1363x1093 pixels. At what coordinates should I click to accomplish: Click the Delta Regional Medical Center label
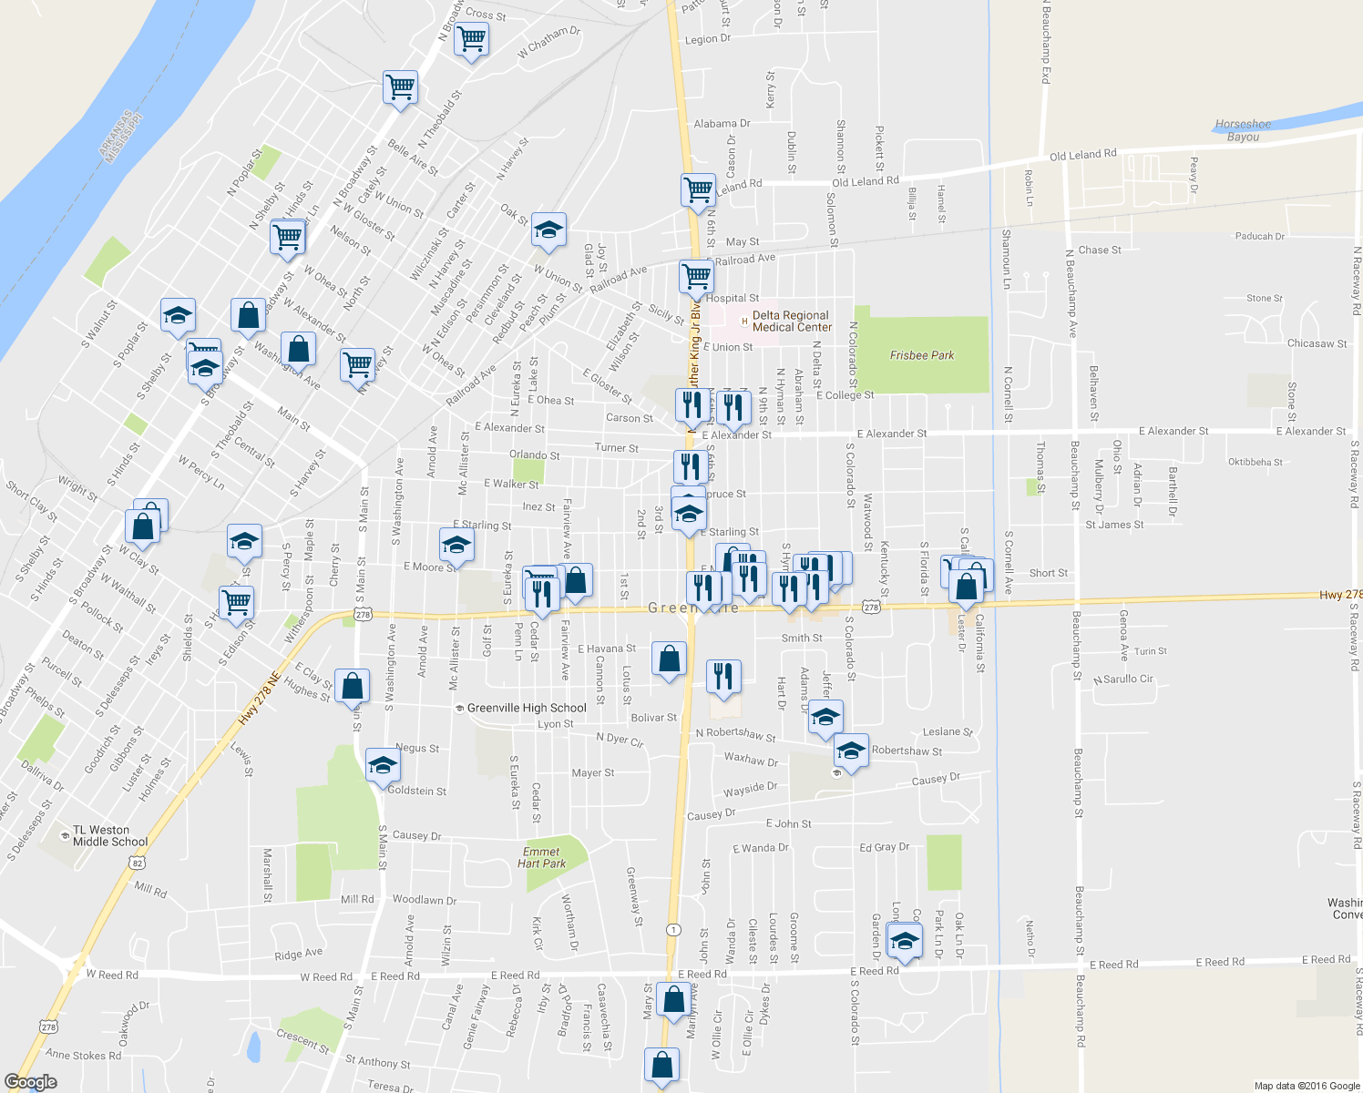pos(791,322)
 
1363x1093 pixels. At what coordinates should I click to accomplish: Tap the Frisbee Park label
pos(921,355)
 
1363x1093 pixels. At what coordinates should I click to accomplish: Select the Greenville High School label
pos(526,708)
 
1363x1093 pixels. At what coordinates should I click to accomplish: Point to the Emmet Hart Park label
pos(541,857)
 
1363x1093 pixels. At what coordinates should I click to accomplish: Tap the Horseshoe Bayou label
pos(1243,130)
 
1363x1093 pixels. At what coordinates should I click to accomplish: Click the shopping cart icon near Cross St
pos(471,39)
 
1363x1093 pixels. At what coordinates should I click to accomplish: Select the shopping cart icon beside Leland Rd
pos(698,190)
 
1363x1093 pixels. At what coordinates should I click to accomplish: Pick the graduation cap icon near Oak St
pos(548,230)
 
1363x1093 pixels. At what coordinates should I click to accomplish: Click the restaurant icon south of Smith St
pos(723,677)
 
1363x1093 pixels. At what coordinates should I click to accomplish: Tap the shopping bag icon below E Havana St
pos(670,659)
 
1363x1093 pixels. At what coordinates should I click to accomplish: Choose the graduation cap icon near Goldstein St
pos(383,765)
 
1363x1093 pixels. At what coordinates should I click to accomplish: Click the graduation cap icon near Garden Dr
pos(904,942)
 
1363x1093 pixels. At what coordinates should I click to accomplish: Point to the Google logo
pos(30,1082)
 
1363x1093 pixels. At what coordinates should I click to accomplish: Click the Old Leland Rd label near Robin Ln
pos(1082,155)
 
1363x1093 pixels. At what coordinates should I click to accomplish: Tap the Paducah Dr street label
pos(1259,236)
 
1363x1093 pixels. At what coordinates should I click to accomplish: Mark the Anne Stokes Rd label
pos(83,1056)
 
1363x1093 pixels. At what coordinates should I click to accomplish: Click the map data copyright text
pos(1307,1086)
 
